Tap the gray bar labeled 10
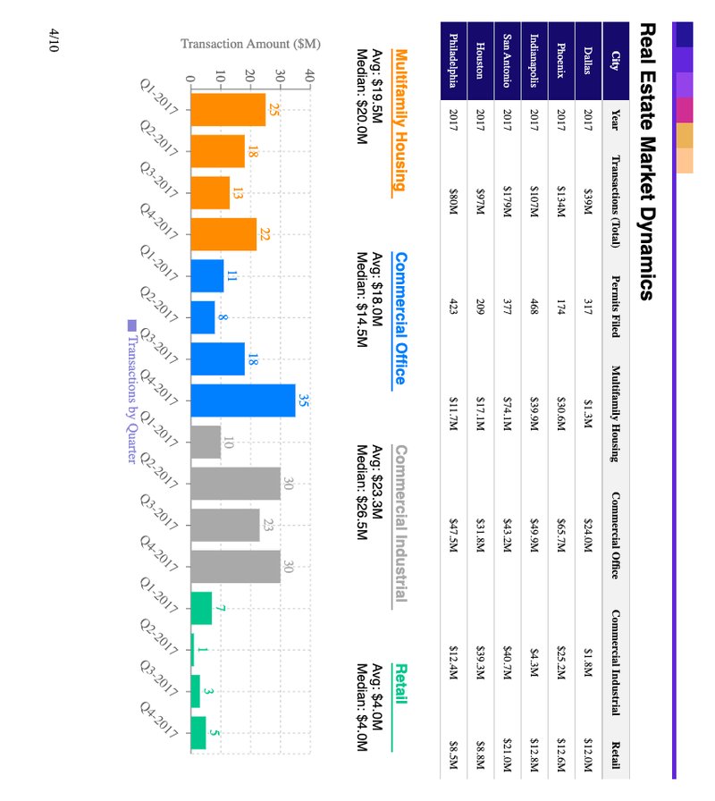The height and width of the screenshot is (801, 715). pyautogui.click(x=206, y=442)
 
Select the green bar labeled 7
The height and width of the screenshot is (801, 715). pyautogui.click(x=201, y=608)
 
